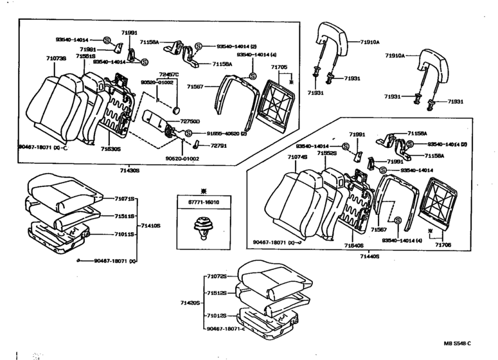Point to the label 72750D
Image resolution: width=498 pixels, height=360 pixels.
pyautogui.click(x=190, y=122)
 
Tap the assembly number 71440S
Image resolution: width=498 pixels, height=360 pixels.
pyautogui.click(x=369, y=256)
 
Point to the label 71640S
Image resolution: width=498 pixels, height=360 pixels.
pyautogui.click(x=353, y=246)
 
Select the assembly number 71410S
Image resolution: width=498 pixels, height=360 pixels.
pyautogui.click(x=151, y=226)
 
